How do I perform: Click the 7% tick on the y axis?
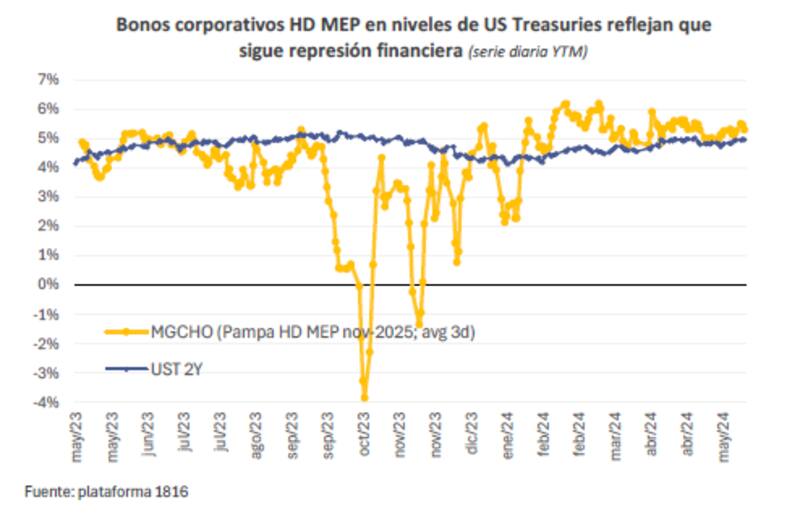[48, 78]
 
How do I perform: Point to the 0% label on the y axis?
[48, 285]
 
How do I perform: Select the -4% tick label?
[46, 403]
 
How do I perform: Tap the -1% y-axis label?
[46, 314]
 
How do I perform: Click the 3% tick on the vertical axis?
[48, 196]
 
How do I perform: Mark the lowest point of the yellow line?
[365, 397]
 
